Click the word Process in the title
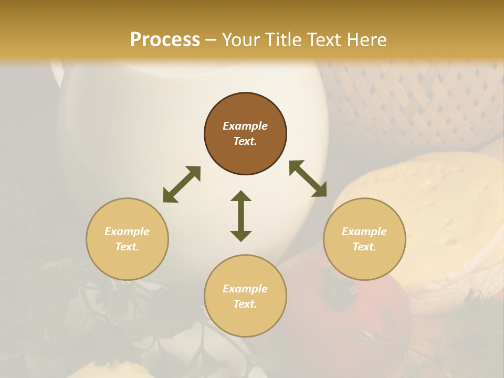point(165,40)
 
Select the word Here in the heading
point(365,40)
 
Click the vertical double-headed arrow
point(241,216)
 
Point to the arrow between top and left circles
point(182,184)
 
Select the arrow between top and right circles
point(308,178)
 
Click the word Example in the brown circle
point(245,126)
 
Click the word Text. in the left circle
point(127,247)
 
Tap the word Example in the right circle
point(364,232)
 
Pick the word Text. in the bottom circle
point(245,304)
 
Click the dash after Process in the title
point(211,40)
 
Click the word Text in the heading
point(323,40)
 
